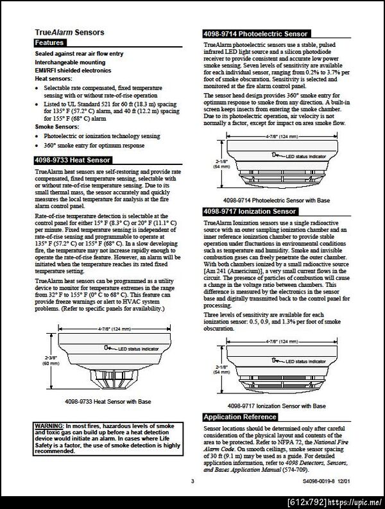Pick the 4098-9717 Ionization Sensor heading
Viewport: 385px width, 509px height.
pyautogui.click(x=250, y=211)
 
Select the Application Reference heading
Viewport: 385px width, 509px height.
pyautogui.click(x=241, y=417)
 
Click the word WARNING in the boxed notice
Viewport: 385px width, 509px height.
pyautogui.click(x=49, y=426)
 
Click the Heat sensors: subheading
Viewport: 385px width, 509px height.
pyautogui.click(x=53, y=78)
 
